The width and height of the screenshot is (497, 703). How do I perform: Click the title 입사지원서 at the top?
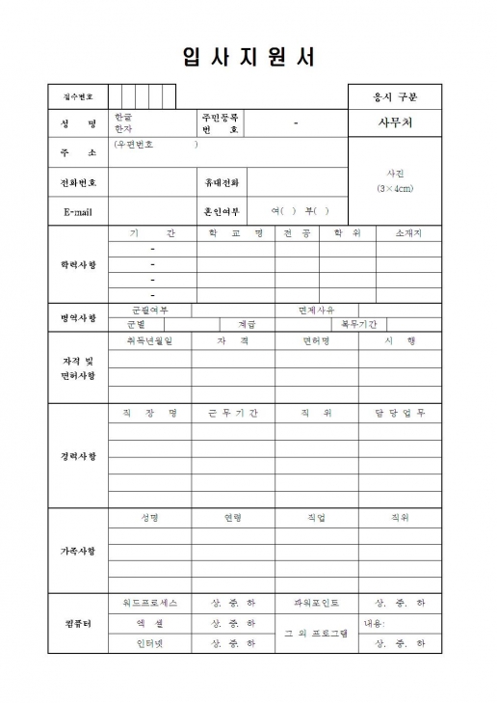[x=248, y=57]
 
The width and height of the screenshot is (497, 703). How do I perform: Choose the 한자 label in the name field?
[x=122, y=128]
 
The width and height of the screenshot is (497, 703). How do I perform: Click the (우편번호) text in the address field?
[x=154, y=145]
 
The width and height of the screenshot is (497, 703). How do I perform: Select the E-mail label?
[x=78, y=211]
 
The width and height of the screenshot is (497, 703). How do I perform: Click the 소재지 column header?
[x=408, y=233]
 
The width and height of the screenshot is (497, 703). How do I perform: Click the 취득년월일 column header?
[x=149, y=340]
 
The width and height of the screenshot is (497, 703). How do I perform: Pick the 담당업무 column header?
[x=401, y=413]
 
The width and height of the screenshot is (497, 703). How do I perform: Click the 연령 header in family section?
[x=233, y=518]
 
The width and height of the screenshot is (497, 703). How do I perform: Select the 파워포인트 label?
[x=316, y=603]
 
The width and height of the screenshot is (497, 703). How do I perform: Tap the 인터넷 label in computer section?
[x=149, y=642]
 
